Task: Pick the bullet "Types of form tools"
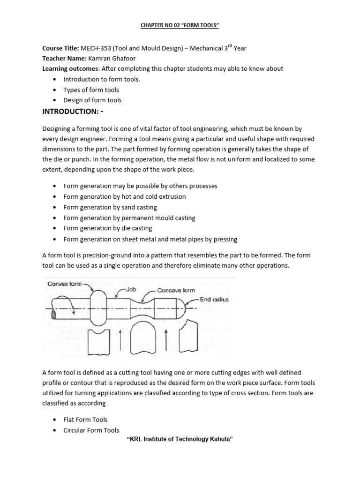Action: point(91,90)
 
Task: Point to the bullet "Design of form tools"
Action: point(92,100)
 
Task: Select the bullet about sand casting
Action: point(110,207)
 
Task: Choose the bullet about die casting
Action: point(108,228)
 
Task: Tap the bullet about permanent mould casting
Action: point(129,218)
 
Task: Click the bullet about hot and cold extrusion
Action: point(125,196)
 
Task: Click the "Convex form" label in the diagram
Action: point(64,284)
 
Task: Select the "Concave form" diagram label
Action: point(176,291)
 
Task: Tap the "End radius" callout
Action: point(214,299)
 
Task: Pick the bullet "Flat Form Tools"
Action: point(85,420)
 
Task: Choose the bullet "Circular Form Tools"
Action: point(91,430)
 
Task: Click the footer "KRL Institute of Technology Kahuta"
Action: point(180,440)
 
